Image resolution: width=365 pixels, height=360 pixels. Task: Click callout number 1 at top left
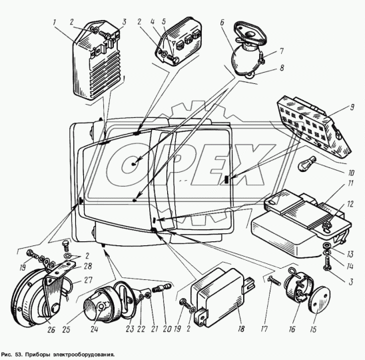coord(54,23)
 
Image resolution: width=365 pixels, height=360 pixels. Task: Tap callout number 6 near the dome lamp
coord(222,23)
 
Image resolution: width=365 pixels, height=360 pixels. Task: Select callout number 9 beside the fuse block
coord(352,107)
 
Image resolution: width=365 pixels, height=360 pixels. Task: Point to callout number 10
coord(351,173)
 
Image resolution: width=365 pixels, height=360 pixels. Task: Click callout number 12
coord(350,204)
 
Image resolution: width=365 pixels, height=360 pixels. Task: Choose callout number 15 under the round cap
coord(314,329)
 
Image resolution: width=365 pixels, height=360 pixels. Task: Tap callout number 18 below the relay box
coord(241,329)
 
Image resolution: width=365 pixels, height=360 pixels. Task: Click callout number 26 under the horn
coord(51,330)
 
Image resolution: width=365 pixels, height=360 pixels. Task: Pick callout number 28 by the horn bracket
coord(88,266)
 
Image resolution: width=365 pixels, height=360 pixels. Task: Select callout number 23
coord(130,329)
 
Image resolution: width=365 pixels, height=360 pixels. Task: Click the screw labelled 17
coord(274,280)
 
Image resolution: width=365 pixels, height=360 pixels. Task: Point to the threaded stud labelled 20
coord(163,287)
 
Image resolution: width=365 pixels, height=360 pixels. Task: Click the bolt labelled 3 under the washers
coord(327,263)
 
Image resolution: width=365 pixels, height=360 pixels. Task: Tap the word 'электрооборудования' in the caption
coord(84,355)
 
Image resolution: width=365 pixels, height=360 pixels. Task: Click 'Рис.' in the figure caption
coord(6,355)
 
